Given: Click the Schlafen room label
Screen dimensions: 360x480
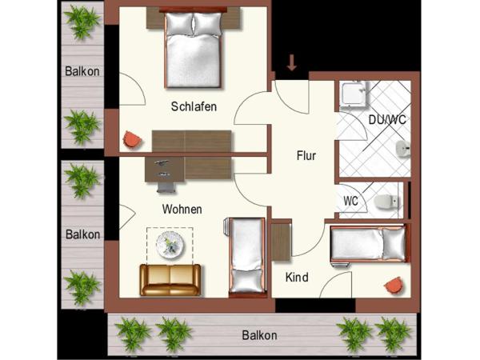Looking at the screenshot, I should [x=194, y=107].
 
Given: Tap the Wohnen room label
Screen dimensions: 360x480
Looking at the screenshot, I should [x=182, y=210].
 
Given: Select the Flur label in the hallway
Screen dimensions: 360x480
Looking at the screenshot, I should [x=306, y=156].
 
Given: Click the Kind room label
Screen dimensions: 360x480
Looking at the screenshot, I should [x=298, y=278].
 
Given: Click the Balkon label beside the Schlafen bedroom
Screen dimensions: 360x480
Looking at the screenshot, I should [x=82, y=71].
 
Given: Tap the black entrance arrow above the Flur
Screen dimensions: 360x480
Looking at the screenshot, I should [x=292, y=62].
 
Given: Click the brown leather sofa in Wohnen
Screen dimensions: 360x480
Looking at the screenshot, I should [x=170, y=279].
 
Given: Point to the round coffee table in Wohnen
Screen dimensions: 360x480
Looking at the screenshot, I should [x=170, y=243].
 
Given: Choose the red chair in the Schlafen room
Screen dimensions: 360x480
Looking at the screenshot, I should [x=131, y=139].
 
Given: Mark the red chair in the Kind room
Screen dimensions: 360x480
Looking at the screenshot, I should [x=393, y=284].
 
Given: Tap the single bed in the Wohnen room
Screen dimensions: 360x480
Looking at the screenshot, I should [x=245, y=255].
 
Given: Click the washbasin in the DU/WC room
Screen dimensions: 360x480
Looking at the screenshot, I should [x=403, y=148].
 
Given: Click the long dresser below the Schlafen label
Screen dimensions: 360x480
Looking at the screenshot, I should [x=192, y=141].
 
